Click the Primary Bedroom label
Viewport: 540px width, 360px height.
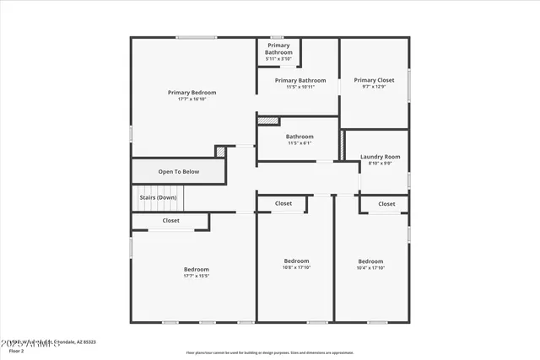192,93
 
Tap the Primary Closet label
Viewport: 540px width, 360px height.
374,80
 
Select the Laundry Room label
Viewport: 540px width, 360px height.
380,157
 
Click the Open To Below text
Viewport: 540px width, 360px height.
179,172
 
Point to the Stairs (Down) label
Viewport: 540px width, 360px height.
158,197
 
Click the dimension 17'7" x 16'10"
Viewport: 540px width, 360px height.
192,99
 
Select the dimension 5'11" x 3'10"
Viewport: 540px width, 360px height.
278,59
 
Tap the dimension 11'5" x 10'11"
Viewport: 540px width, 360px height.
300,87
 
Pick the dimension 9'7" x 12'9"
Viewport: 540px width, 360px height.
374,87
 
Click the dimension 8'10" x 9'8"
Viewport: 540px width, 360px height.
380,164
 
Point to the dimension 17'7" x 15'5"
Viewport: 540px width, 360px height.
196,276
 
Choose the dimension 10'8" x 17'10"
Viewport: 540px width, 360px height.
296,268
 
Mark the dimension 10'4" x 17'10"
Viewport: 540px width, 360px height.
370,268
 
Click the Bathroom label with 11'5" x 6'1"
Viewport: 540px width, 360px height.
300,137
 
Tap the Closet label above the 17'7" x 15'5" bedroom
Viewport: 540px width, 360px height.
170,221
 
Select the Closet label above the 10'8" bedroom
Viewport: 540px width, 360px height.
283,203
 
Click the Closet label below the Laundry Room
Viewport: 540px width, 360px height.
386,204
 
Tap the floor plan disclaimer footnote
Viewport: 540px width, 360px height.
270,352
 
